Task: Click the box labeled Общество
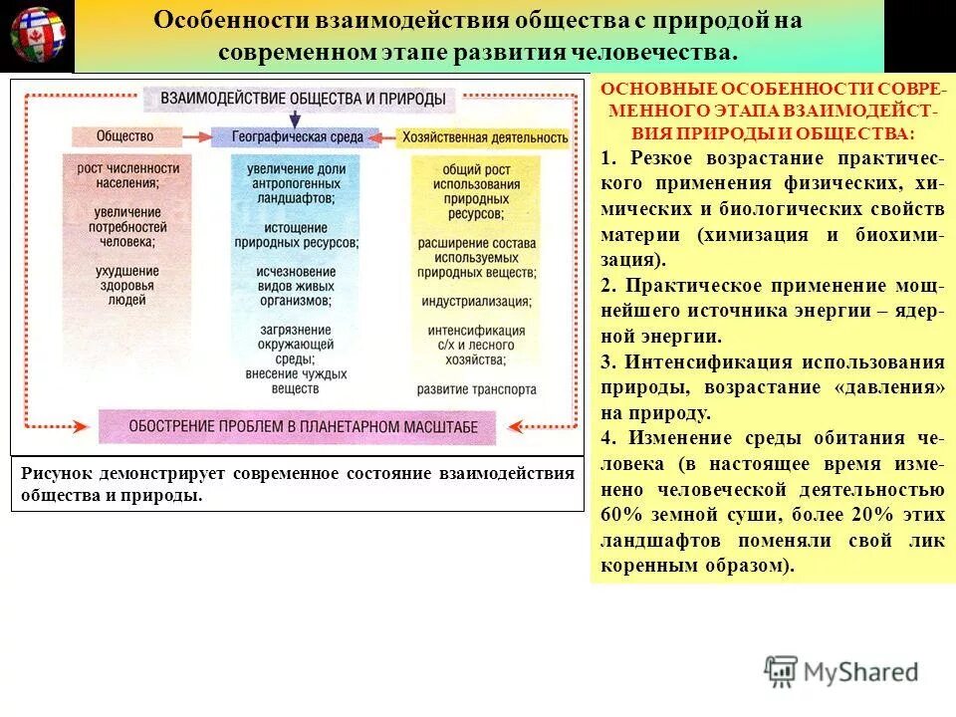point(125,136)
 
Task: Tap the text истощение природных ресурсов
point(297,233)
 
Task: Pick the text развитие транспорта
point(476,389)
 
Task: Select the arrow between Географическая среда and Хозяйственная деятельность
point(383,137)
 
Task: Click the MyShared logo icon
point(781,672)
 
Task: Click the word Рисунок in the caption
point(55,473)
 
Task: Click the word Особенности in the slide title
point(229,21)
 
